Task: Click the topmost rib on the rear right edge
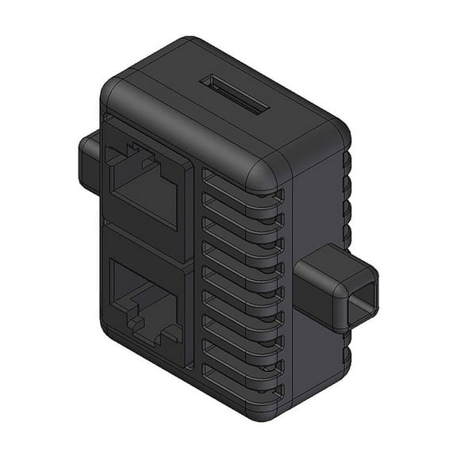click(347, 159)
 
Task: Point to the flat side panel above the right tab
click(317, 214)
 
